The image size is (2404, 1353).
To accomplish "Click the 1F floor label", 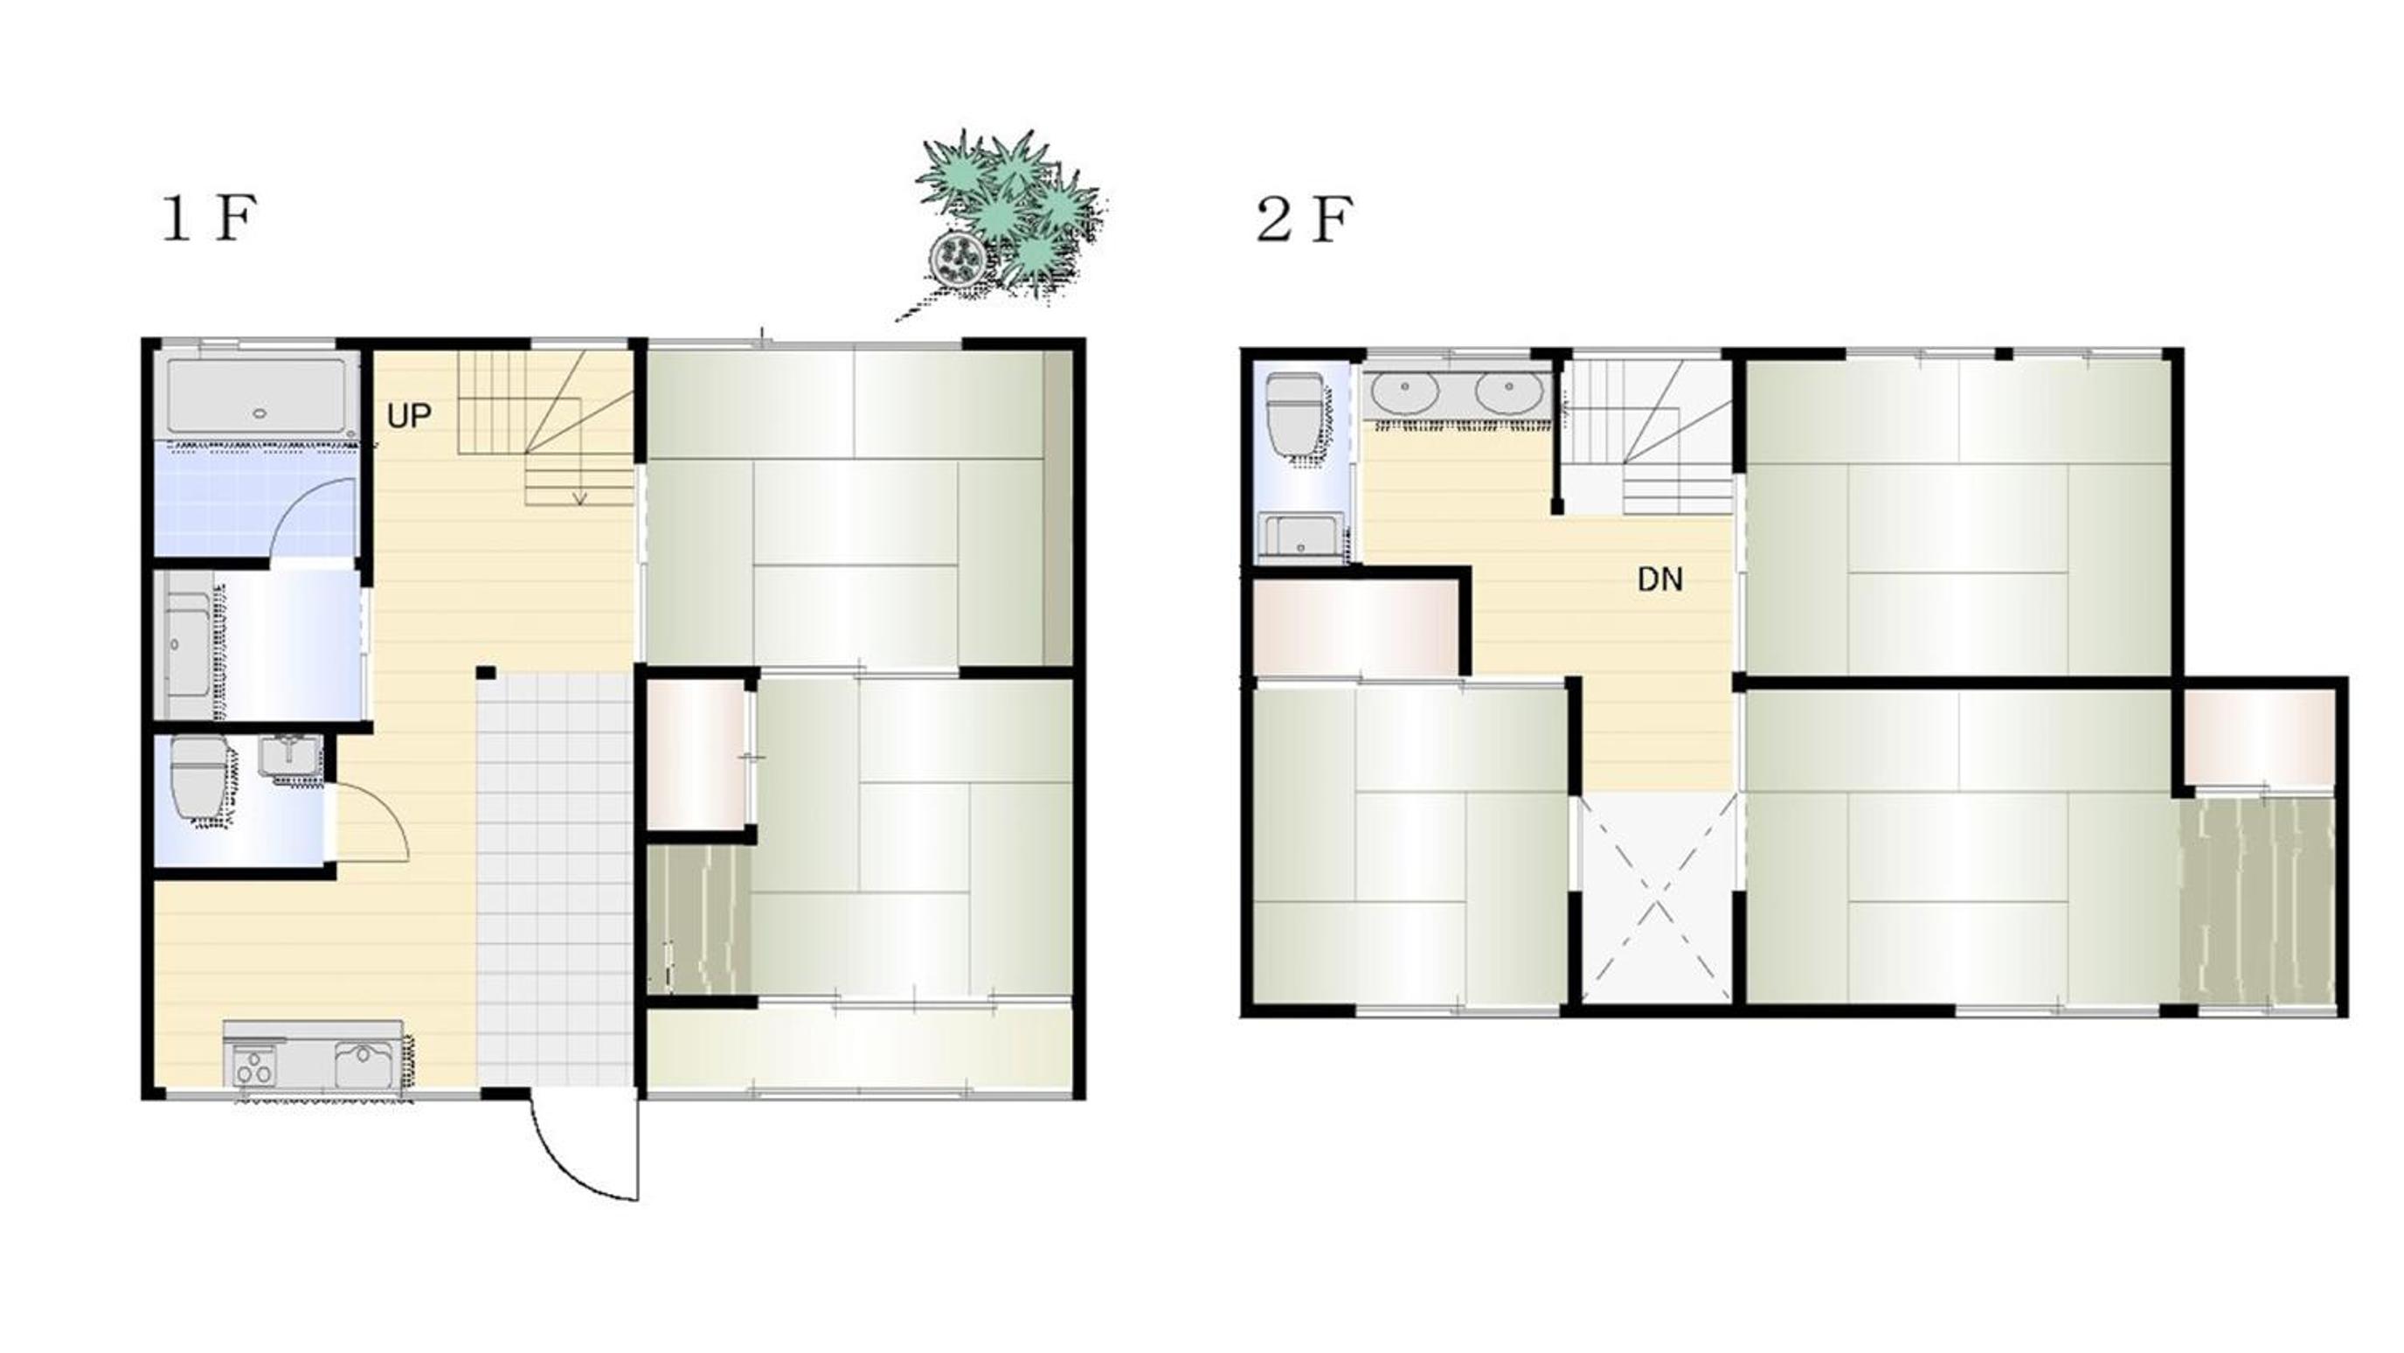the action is point(209,219).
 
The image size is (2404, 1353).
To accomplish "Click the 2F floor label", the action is point(1304,219).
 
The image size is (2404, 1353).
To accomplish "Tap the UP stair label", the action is point(409,415).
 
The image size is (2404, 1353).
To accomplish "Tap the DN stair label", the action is point(1660,579).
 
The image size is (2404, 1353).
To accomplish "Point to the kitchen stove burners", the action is point(253,1067).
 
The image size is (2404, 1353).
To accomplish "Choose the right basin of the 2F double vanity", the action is point(1508,394).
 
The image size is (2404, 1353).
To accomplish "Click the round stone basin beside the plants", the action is point(958,257).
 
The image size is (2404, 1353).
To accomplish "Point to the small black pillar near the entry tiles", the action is point(485,673).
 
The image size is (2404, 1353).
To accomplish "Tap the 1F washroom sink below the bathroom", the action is point(189,646).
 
